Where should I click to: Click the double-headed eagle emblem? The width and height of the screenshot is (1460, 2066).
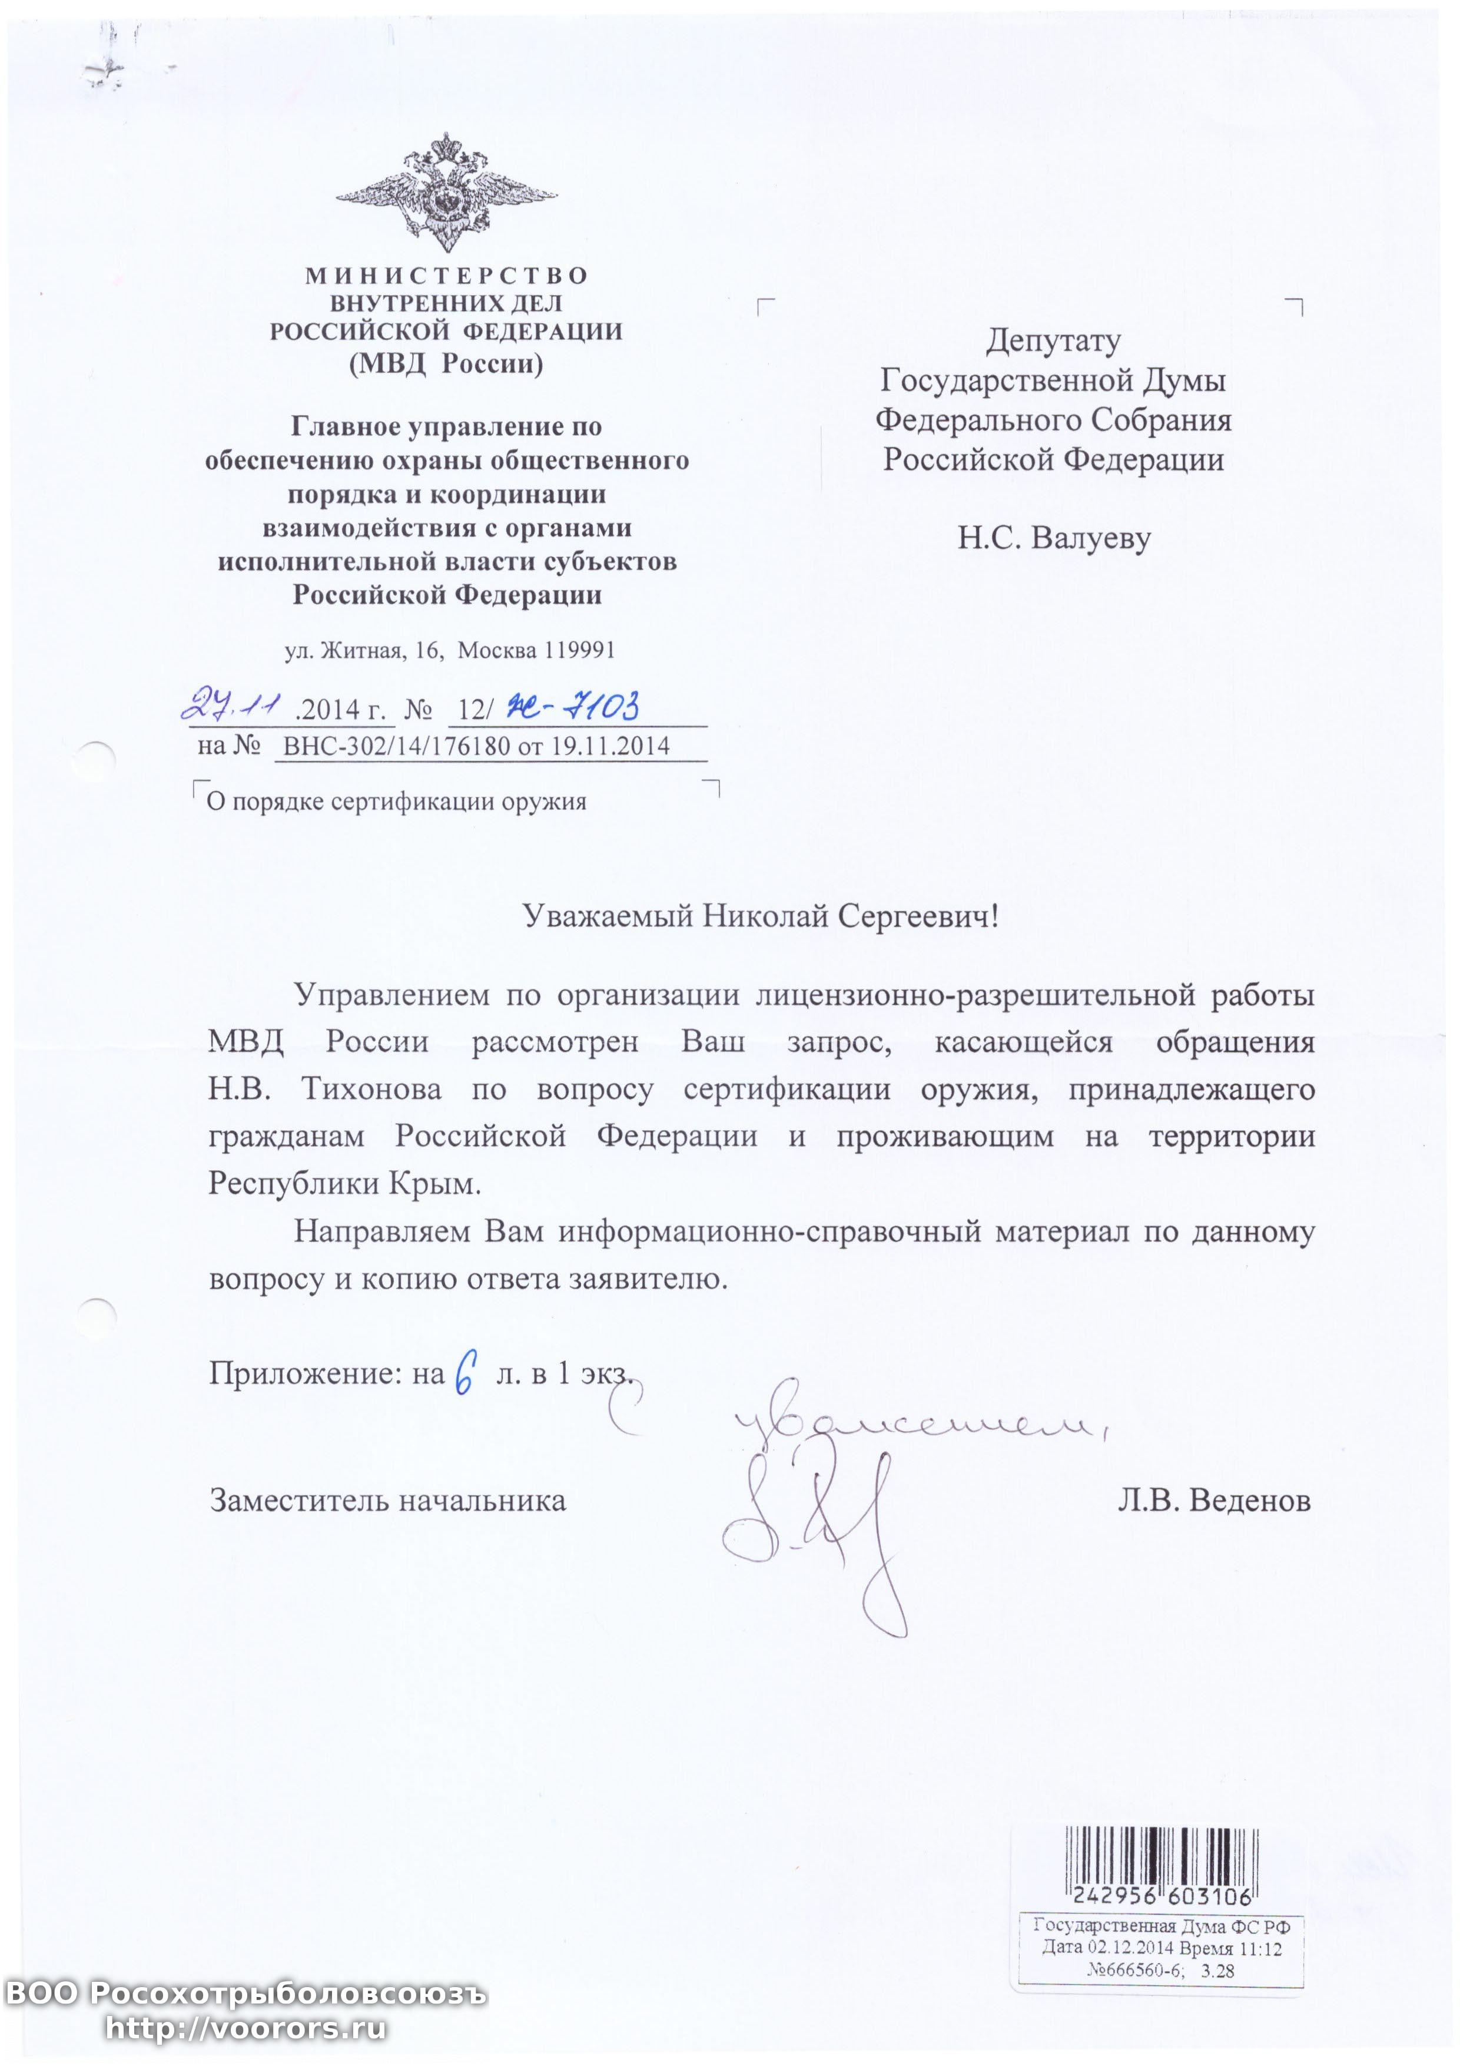[x=446, y=193]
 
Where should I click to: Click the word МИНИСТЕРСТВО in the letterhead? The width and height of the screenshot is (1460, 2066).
[x=446, y=276]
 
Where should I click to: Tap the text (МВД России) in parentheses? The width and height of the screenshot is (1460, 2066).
[x=446, y=363]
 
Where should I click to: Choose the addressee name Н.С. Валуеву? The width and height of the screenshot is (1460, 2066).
[x=1053, y=538]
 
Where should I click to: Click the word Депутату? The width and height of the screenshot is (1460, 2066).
[x=1053, y=341]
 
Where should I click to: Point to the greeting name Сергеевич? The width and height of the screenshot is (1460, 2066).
[x=918, y=916]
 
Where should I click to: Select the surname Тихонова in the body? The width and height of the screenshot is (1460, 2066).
[x=371, y=1090]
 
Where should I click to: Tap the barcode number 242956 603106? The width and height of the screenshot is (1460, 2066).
[x=1162, y=1896]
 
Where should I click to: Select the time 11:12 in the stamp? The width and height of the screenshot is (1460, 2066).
[x=1259, y=1948]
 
